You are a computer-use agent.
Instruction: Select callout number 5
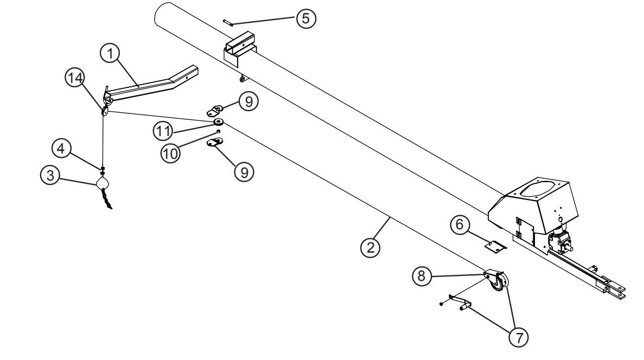(x=306, y=18)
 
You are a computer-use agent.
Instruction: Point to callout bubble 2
(x=371, y=248)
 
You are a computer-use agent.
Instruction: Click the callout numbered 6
(x=460, y=224)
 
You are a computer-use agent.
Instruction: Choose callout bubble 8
(x=422, y=276)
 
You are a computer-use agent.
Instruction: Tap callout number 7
(x=519, y=337)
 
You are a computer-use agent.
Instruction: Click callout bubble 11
(x=163, y=131)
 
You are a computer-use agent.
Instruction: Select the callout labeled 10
(x=170, y=153)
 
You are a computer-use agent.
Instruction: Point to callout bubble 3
(x=50, y=175)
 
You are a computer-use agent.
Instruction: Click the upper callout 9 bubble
(x=248, y=101)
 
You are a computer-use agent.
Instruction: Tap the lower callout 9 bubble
(x=244, y=172)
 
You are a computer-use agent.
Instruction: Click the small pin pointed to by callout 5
(x=229, y=22)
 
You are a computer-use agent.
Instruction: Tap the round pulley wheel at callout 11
(x=218, y=121)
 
